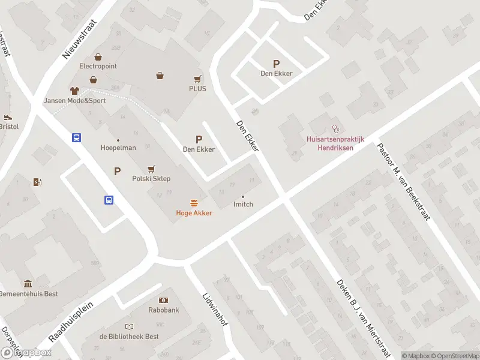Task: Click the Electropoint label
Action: coord(98,66)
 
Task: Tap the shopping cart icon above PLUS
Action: coord(197,79)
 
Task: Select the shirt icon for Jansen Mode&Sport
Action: coord(74,91)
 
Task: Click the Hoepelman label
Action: coord(118,148)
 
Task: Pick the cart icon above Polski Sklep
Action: coord(151,169)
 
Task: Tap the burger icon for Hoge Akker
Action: coord(194,203)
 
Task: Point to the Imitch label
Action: coord(243,204)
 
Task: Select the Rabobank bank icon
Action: coord(164,300)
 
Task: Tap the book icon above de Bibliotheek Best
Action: coord(129,326)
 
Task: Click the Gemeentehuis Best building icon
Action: coord(28,284)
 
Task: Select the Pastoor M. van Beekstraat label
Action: coord(403,181)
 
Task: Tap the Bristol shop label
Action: coord(10,127)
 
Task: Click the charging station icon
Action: coord(38,182)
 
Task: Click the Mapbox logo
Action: coord(26,353)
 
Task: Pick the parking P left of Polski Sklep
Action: coord(117,172)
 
